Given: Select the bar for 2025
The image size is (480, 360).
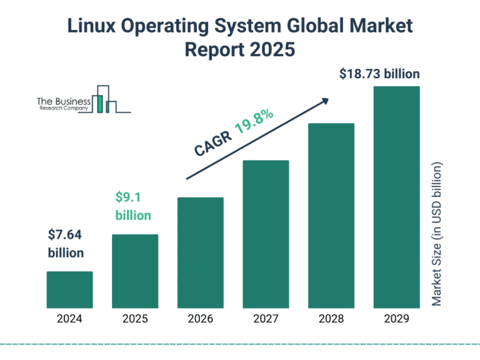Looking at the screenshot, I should (x=135, y=271).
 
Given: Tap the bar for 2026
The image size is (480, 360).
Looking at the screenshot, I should (x=201, y=252).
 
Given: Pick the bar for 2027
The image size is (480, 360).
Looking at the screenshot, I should (x=266, y=234).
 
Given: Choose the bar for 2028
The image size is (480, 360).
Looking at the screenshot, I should (x=331, y=216).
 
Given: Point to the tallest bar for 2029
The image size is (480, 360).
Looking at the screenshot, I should (x=396, y=197).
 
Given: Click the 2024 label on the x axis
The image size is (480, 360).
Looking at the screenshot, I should (x=69, y=319).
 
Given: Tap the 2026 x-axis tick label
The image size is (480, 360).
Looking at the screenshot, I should (x=201, y=319).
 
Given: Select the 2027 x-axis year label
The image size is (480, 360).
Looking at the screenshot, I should (x=266, y=319).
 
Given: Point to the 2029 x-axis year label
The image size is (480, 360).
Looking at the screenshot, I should (x=396, y=319).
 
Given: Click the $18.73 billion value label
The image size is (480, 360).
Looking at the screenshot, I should (x=379, y=74).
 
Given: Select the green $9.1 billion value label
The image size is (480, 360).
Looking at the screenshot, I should (x=133, y=206).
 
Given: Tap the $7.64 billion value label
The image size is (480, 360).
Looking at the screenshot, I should (x=66, y=244).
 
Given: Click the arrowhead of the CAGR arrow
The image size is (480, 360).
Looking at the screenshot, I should (x=325, y=100).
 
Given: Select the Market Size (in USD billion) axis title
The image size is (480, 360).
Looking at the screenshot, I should (x=437, y=234).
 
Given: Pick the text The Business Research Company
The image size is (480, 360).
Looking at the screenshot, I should (x=63, y=104).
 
